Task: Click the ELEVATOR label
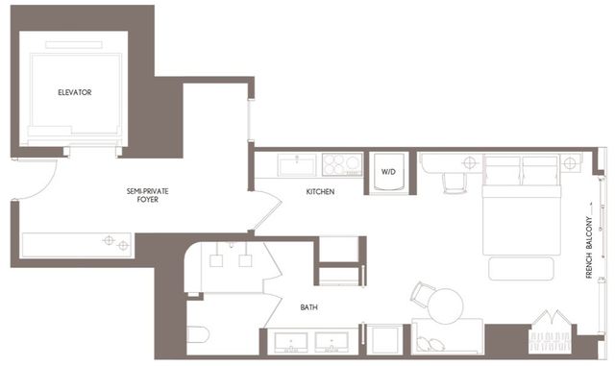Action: pyautogui.click(x=74, y=92)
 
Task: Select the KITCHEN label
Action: pyautogui.click(x=320, y=192)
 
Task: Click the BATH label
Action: pyautogui.click(x=308, y=307)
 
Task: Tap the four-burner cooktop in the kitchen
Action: pyautogui.click(x=340, y=164)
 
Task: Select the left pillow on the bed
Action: pyautogui.click(x=503, y=173)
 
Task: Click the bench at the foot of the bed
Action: pyautogui.click(x=524, y=267)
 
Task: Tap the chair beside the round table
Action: pyautogui.click(x=422, y=292)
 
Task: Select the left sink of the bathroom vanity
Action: pyautogui.click(x=290, y=343)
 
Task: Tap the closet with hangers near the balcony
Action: pyautogui.click(x=551, y=331)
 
